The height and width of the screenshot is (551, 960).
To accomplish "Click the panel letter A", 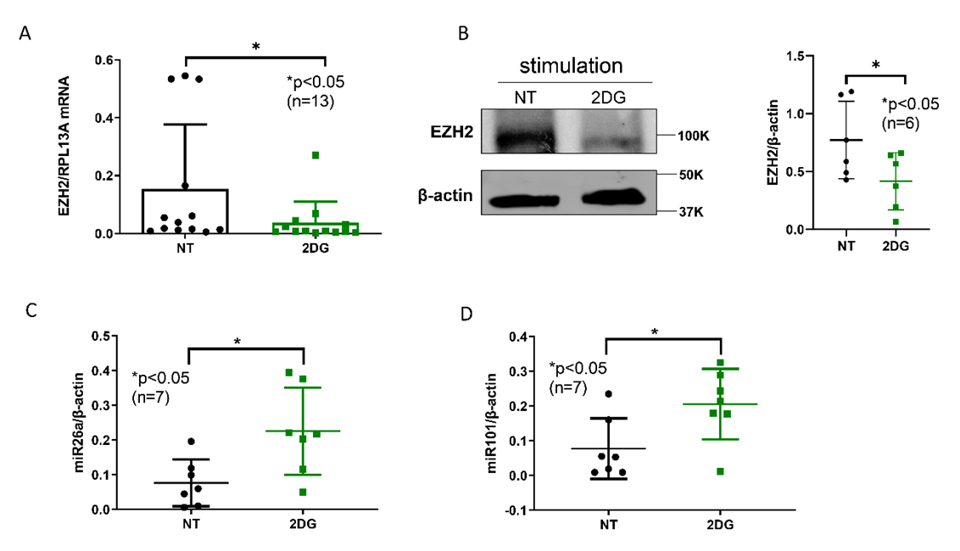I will (x=26, y=33).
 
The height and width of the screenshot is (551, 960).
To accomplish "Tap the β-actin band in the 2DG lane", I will (x=611, y=200).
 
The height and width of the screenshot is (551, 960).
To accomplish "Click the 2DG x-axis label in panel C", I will (x=302, y=523).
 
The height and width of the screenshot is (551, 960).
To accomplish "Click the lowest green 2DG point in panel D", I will (x=720, y=471).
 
